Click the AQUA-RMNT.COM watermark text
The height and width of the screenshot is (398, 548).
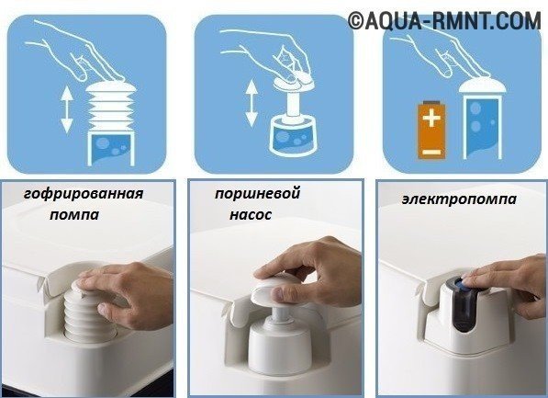444,20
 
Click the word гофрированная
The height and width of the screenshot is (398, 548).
84,193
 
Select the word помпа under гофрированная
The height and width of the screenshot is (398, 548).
74,214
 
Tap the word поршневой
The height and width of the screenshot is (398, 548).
258,193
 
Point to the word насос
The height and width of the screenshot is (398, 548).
251,214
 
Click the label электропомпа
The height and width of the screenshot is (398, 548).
459,199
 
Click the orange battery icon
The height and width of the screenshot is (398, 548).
431,130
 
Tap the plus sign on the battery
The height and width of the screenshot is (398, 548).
431,118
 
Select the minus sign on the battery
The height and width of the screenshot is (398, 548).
431,152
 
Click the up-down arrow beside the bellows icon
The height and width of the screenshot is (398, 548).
67,110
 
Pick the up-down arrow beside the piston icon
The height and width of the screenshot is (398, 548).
252,104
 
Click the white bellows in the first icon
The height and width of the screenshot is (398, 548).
111,106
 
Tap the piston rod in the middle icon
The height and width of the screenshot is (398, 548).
293,104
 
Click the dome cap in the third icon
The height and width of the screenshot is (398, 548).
482,86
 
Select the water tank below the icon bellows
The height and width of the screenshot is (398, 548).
111,148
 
